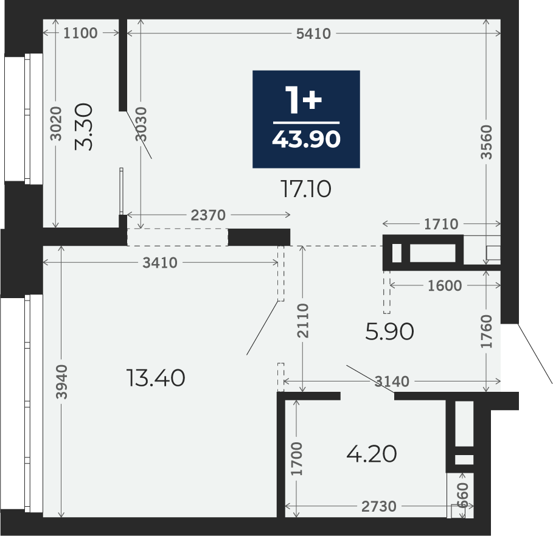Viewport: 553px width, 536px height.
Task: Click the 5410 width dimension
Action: (313, 33)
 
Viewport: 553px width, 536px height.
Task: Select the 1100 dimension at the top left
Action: (80, 33)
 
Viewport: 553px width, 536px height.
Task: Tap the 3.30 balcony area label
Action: (84, 127)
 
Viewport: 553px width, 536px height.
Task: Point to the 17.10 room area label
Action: (306, 189)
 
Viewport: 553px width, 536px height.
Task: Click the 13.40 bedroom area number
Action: (156, 378)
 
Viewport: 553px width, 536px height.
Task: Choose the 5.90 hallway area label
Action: (389, 332)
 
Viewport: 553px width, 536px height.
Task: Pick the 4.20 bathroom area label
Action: (372, 454)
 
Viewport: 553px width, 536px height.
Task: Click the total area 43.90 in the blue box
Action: (306, 139)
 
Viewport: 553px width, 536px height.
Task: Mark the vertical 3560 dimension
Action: (486, 142)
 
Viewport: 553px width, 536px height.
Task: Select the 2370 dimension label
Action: (208, 215)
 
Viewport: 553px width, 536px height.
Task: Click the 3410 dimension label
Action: (160, 263)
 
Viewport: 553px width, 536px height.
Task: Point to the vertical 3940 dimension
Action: (61, 381)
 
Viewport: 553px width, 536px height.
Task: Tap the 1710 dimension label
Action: (441, 224)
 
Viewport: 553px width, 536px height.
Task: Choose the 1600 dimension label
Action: (445, 285)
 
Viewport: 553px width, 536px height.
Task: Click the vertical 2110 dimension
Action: (303, 320)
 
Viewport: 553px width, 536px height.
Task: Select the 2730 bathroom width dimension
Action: (379, 506)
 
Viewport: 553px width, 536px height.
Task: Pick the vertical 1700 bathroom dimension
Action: (297, 458)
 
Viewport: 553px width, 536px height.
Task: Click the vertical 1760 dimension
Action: (486, 332)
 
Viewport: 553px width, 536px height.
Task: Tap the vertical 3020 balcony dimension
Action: (55, 124)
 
